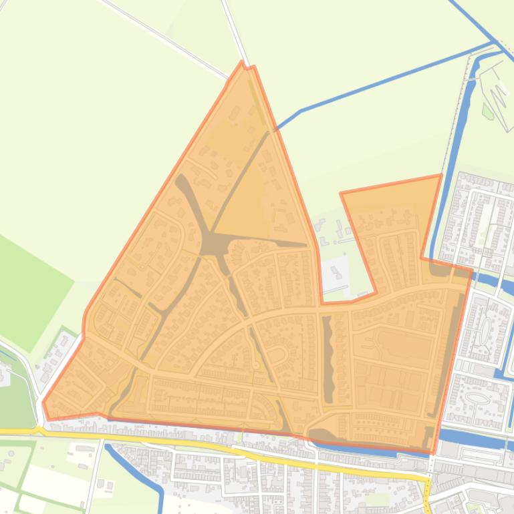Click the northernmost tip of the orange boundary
tap(242, 62)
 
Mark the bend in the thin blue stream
tap(301, 111)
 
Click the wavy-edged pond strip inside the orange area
tap(328, 357)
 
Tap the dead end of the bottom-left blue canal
tap(109, 447)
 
